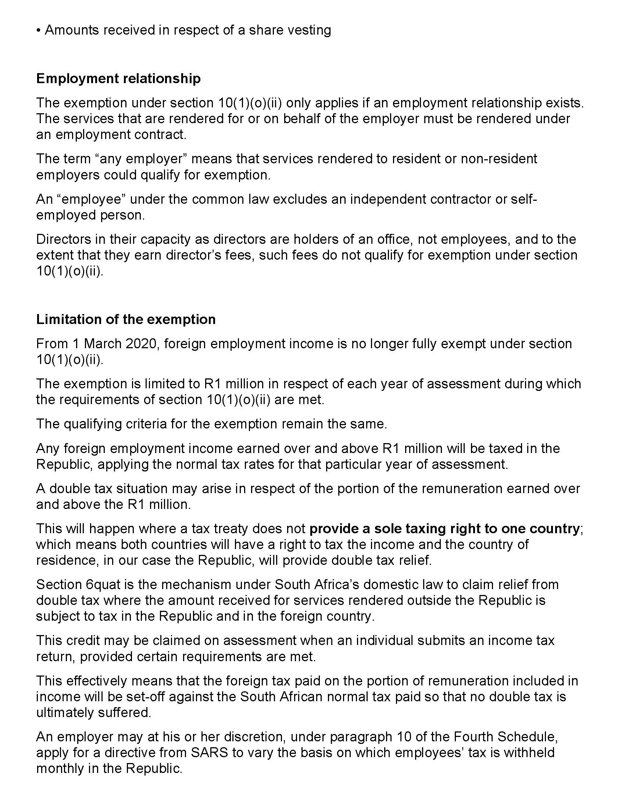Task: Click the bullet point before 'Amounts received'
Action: [x=39, y=31]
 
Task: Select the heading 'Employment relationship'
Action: [x=118, y=79]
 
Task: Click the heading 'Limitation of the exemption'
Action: [x=126, y=319]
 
